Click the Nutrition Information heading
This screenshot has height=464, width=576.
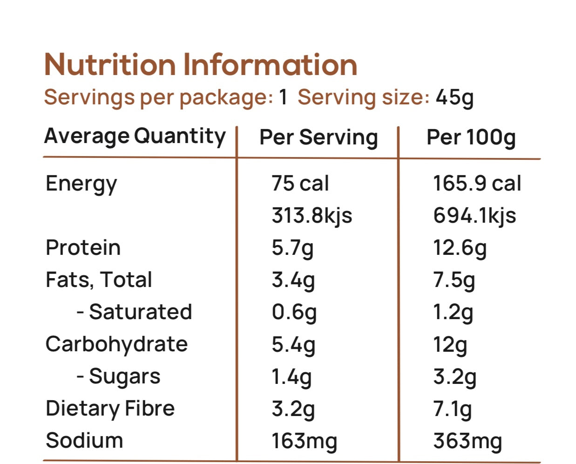coord(201,64)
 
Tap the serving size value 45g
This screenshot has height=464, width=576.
coord(454,97)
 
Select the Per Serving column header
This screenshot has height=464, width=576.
coord(318,137)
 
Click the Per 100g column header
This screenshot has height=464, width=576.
coord(471,137)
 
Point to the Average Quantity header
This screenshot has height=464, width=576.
coord(135,136)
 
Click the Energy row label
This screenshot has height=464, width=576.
coord(81,184)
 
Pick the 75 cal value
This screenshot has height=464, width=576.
coord(300,183)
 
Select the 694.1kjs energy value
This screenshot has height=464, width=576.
coord(474,216)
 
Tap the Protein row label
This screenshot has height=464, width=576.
coord(83,247)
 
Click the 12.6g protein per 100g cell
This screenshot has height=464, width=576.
coord(460,248)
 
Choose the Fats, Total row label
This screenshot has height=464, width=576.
coord(99,280)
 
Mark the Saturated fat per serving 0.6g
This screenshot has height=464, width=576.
coord(294,312)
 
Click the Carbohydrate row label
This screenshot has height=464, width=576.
coord(116,344)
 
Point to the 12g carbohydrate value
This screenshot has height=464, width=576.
coord(450,345)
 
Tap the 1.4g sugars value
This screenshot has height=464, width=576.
coord(291,376)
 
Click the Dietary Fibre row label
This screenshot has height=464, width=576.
coord(110,409)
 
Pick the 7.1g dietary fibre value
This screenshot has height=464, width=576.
coord(452,409)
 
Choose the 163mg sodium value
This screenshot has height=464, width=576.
coord(304,441)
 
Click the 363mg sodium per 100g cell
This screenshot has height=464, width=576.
coord(468,441)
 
